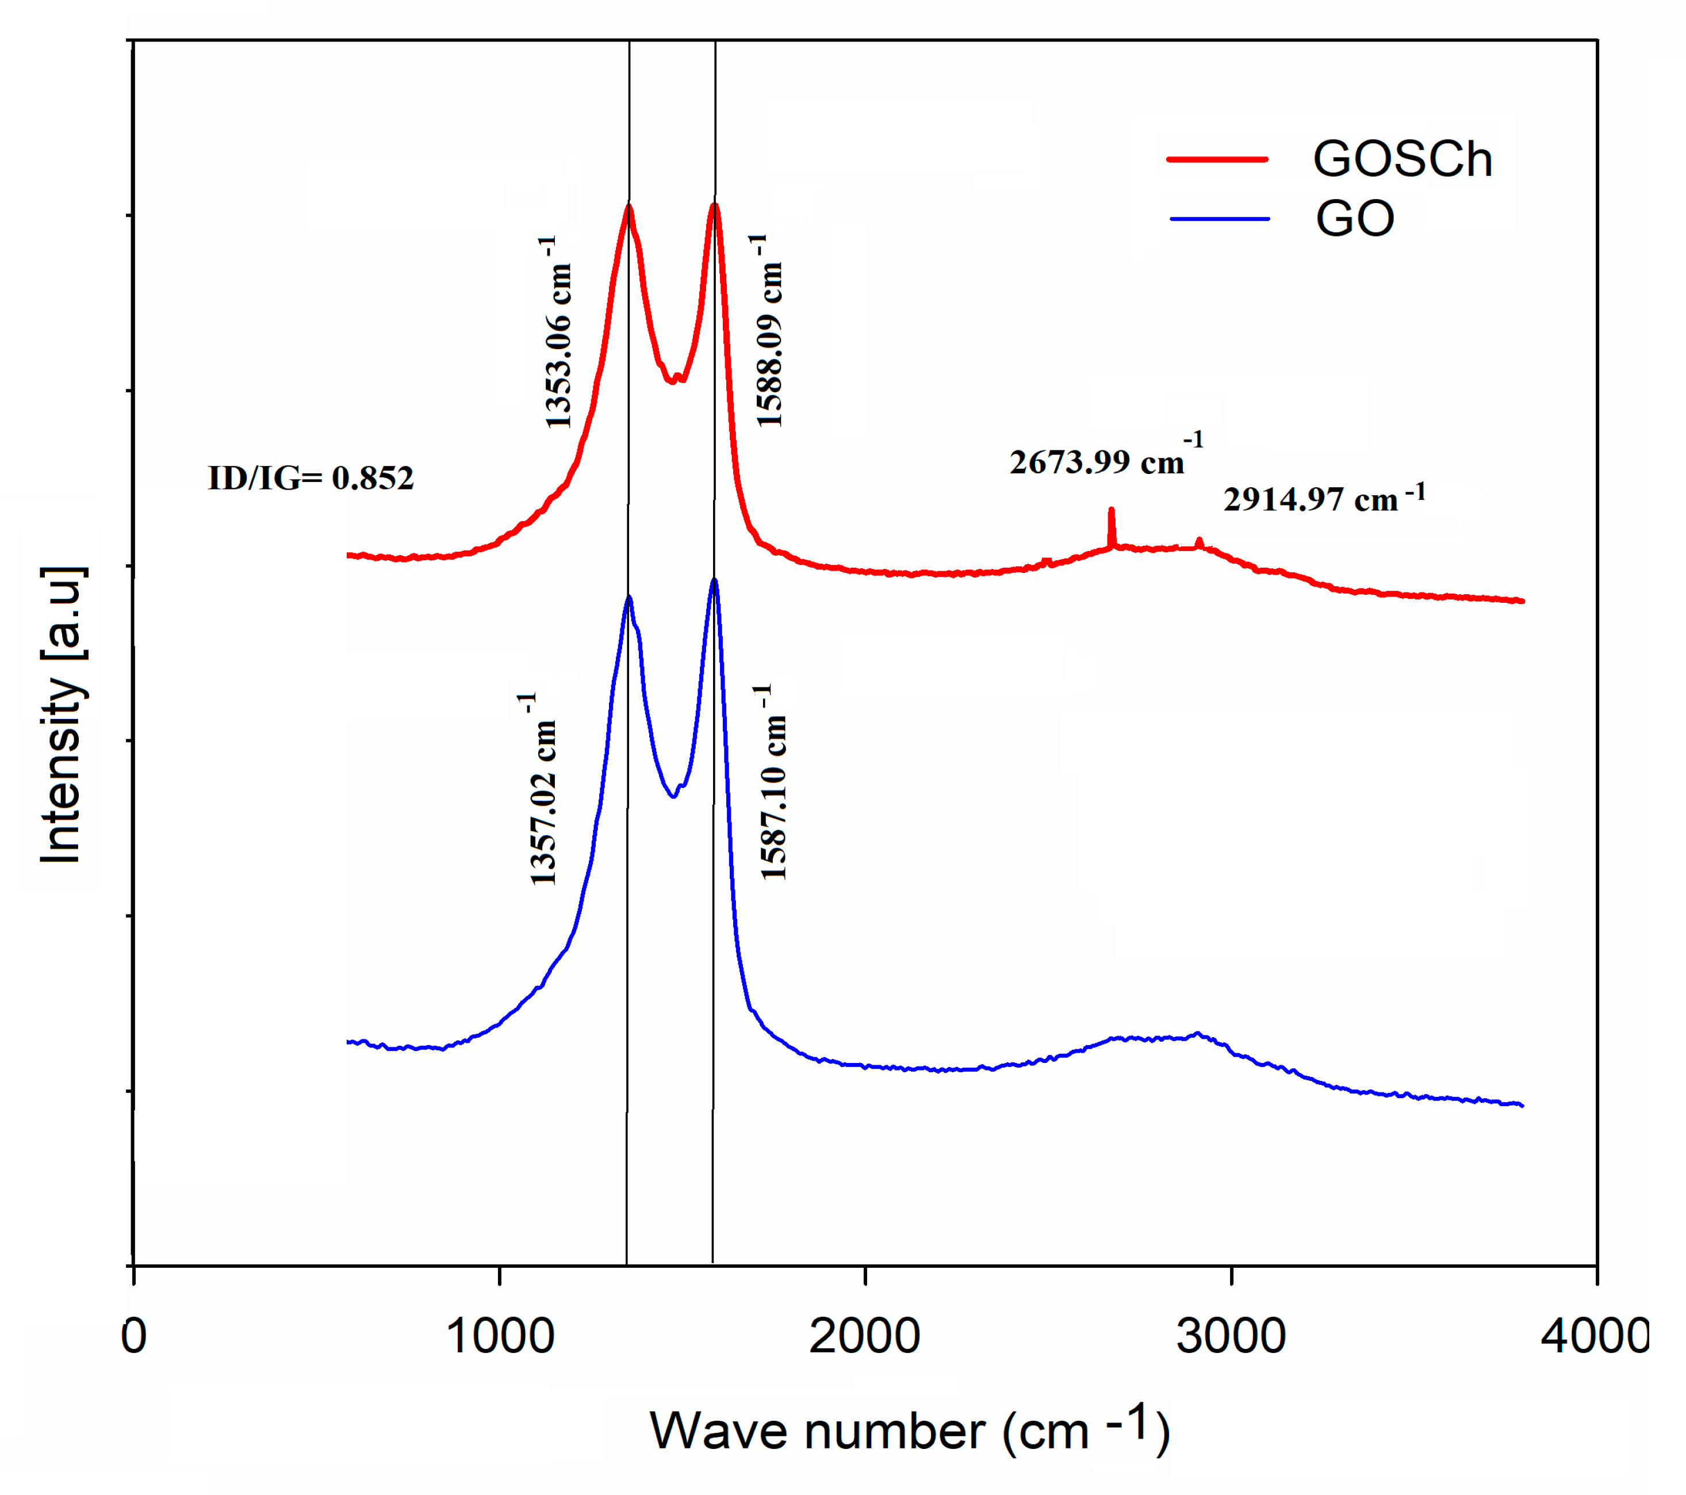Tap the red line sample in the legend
1217,159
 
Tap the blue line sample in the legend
1219,219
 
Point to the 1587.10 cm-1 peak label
772,782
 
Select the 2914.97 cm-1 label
1323,498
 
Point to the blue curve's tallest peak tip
714,581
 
